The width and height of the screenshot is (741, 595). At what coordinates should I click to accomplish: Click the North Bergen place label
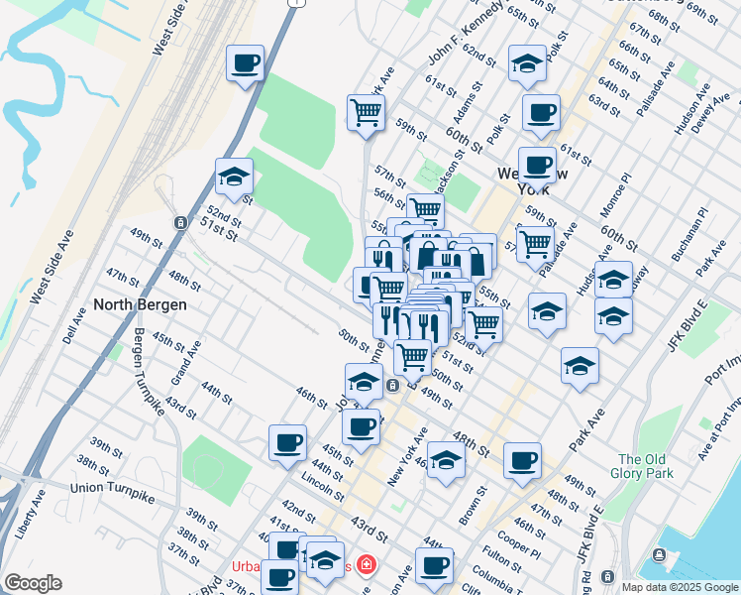pos(140,304)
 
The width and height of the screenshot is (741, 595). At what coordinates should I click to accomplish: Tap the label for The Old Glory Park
pos(645,466)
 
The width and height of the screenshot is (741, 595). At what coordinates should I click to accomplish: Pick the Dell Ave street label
pos(69,324)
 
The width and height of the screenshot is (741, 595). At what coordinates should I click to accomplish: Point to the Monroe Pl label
pos(615,196)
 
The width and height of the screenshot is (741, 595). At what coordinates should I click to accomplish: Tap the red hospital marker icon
pos(368,564)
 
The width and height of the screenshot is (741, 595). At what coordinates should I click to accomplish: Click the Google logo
pos(33,583)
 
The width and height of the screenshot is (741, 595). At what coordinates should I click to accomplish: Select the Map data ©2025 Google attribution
pos(679,587)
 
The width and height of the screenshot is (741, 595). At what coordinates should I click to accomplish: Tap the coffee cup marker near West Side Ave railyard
pos(245,64)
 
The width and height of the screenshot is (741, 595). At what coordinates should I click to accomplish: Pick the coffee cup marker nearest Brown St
pos(522,460)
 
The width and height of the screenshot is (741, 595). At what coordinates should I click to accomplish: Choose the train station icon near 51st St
pos(179,222)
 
